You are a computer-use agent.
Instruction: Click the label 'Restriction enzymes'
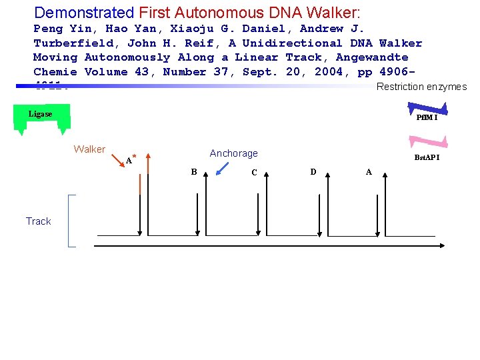pyautogui.click(x=421, y=87)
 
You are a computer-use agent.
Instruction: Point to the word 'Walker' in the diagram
pyautogui.click(x=89, y=149)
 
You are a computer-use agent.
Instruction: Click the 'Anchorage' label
pyautogui.click(x=233, y=153)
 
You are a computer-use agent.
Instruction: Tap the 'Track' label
pyautogui.click(x=38, y=221)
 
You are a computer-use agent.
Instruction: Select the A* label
pyautogui.click(x=131, y=159)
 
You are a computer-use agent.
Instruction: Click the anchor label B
pyautogui.click(x=194, y=172)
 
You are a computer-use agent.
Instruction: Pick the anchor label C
pyautogui.click(x=254, y=173)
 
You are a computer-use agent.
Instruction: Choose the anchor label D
pyautogui.click(x=313, y=172)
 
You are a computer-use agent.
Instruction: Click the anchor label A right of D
pyautogui.click(x=369, y=172)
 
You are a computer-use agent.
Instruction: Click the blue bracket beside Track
pyautogui.click(x=71, y=221)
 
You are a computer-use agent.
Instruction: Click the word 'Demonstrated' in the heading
pyautogui.click(x=84, y=13)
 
